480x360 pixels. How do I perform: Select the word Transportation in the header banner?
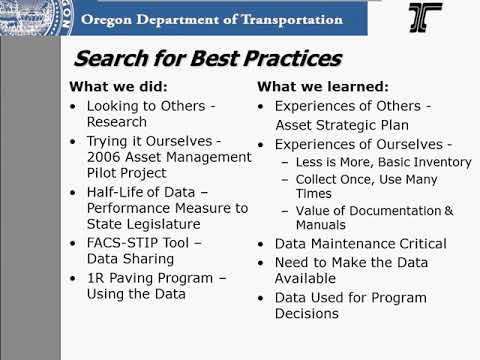300,19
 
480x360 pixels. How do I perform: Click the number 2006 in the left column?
105,157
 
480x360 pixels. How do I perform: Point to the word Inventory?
439,162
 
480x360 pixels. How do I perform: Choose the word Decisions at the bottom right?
307,313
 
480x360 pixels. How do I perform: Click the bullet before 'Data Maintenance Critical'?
262,244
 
